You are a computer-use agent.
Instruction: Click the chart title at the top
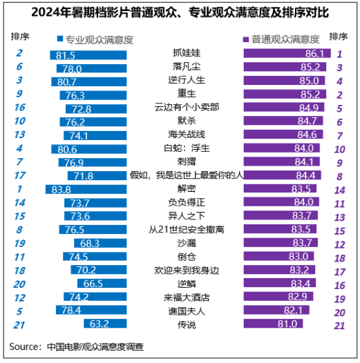pos(180,12)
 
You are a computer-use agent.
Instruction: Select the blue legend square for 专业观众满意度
pos(60,39)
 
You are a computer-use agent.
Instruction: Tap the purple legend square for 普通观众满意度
pos(246,39)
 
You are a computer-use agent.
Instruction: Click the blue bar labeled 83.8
pos(86,189)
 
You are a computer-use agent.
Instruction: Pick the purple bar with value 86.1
pos(287,53)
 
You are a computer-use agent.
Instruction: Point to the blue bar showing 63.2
pos(105,324)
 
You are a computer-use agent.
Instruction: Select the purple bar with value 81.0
pos(273,324)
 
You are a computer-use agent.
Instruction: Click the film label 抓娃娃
pos(187,52)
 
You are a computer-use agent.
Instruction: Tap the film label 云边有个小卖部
pos(187,107)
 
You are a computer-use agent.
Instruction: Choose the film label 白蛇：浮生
pos(187,148)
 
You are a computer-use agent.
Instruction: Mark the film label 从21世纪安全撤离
pos(187,230)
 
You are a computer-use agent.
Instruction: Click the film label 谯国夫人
pos(187,311)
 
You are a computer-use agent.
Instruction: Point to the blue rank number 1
pos(19,189)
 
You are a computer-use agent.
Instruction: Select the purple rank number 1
pos(339,54)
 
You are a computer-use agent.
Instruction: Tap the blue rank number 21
pos(19,325)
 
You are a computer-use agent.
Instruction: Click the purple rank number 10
pos(339,150)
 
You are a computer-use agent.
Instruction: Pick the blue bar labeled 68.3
pos(100,243)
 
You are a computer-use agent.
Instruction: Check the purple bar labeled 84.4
pos(283,175)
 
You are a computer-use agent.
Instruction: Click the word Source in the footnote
pos(23,347)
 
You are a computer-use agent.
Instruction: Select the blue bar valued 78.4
pos(91,310)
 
